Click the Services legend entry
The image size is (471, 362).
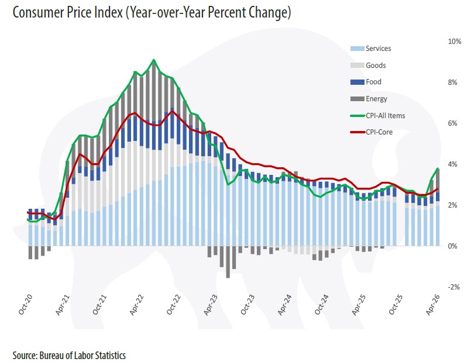371,49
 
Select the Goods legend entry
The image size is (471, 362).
368,65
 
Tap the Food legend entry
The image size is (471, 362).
366,82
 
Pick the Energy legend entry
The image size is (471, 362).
369,99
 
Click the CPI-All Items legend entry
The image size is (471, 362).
377,116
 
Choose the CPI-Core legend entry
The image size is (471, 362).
372,132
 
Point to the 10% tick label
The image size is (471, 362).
455,42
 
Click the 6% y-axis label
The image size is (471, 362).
452,123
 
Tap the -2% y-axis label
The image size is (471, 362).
453,287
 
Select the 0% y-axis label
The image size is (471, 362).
452,246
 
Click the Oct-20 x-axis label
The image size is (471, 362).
25,304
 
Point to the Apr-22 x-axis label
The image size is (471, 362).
136,305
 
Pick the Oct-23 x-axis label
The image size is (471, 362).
247,304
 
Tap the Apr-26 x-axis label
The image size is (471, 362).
433,305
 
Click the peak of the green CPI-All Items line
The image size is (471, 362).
154,60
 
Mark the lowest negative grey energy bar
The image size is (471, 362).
228,262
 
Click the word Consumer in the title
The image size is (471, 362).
33,13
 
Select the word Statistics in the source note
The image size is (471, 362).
111,356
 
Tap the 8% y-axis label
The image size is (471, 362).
452,82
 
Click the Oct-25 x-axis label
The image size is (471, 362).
396,304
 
